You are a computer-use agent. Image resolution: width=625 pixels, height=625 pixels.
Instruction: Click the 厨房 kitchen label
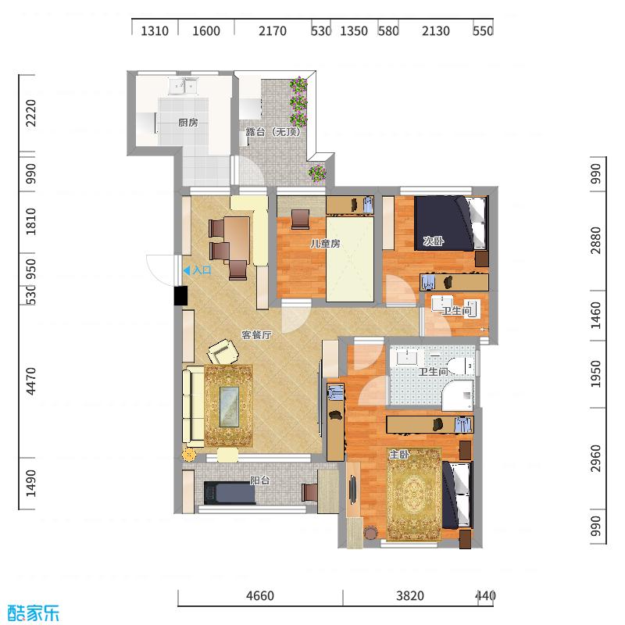pos(187,123)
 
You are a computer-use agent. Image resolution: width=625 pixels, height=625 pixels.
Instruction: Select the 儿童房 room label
pos(325,244)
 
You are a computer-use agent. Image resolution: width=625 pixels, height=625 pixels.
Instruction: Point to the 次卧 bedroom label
pos(433,241)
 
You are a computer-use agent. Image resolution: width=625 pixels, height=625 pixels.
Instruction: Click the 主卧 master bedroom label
pos(398,454)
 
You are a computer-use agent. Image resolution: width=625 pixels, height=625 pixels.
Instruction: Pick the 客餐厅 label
pos(255,335)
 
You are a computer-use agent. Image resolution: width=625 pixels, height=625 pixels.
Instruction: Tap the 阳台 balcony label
pos(259,480)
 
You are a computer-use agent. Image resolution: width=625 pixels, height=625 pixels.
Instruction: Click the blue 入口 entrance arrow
pos(186,270)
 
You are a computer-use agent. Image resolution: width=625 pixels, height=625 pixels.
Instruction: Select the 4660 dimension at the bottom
pos(260,596)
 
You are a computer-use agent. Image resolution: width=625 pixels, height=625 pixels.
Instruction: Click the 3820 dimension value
pos(409,596)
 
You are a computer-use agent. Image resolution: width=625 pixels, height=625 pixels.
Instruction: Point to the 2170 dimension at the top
pos(273,31)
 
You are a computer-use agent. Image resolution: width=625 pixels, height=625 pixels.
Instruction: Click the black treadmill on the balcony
pos(230,493)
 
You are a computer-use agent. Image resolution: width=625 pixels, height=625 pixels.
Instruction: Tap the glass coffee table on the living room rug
pos(229,405)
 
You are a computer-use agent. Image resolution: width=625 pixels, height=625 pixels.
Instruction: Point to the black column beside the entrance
pos(180,296)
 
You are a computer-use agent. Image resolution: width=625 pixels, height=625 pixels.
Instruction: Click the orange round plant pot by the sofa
pos(188,454)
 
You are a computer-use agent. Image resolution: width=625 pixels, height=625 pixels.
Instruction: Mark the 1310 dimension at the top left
pos(155,31)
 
